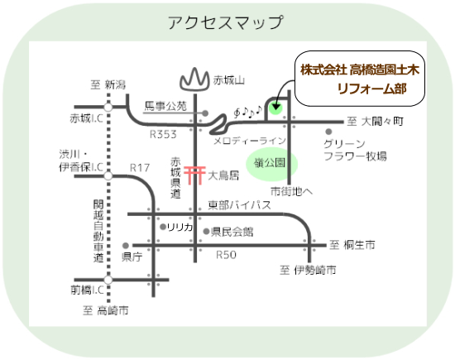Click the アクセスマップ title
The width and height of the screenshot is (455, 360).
coord(225,22)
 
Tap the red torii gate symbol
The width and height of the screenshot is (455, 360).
coord(194,175)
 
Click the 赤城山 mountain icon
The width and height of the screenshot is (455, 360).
coord(194,79)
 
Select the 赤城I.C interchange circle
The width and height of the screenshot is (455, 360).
coord(108,107)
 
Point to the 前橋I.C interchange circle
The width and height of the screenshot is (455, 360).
coord(108,280)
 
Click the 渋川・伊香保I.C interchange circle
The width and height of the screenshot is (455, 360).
coord(108,176)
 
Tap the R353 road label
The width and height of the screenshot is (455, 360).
coord(163,134)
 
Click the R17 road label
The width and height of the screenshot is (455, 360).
coord(140,168)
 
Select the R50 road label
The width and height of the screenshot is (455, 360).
coord(227,255)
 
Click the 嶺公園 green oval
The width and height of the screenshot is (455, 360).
coord(271,164)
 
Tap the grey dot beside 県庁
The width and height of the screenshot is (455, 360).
coord(126,246)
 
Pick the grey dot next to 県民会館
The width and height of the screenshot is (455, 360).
coord(206,232)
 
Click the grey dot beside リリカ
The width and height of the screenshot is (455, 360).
coord(163,227)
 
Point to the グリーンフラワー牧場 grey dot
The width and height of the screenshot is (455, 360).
coord(328,132)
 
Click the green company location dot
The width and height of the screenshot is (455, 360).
coord(275,108)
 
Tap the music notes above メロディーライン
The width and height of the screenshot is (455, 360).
coord(248,112)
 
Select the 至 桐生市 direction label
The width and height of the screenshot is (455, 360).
coord(352,245)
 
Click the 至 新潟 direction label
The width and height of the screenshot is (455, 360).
coord(108,85)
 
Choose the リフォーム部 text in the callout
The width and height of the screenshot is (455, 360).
coord(371,89)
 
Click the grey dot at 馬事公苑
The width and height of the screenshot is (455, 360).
coord(205,113)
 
